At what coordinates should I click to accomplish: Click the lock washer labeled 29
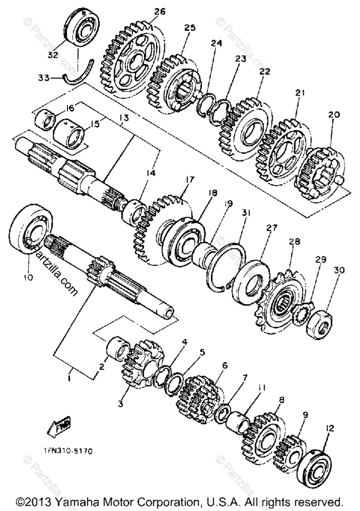(303, 313)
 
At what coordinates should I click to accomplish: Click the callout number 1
(70, 377)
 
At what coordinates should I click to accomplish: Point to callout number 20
(334, 115)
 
